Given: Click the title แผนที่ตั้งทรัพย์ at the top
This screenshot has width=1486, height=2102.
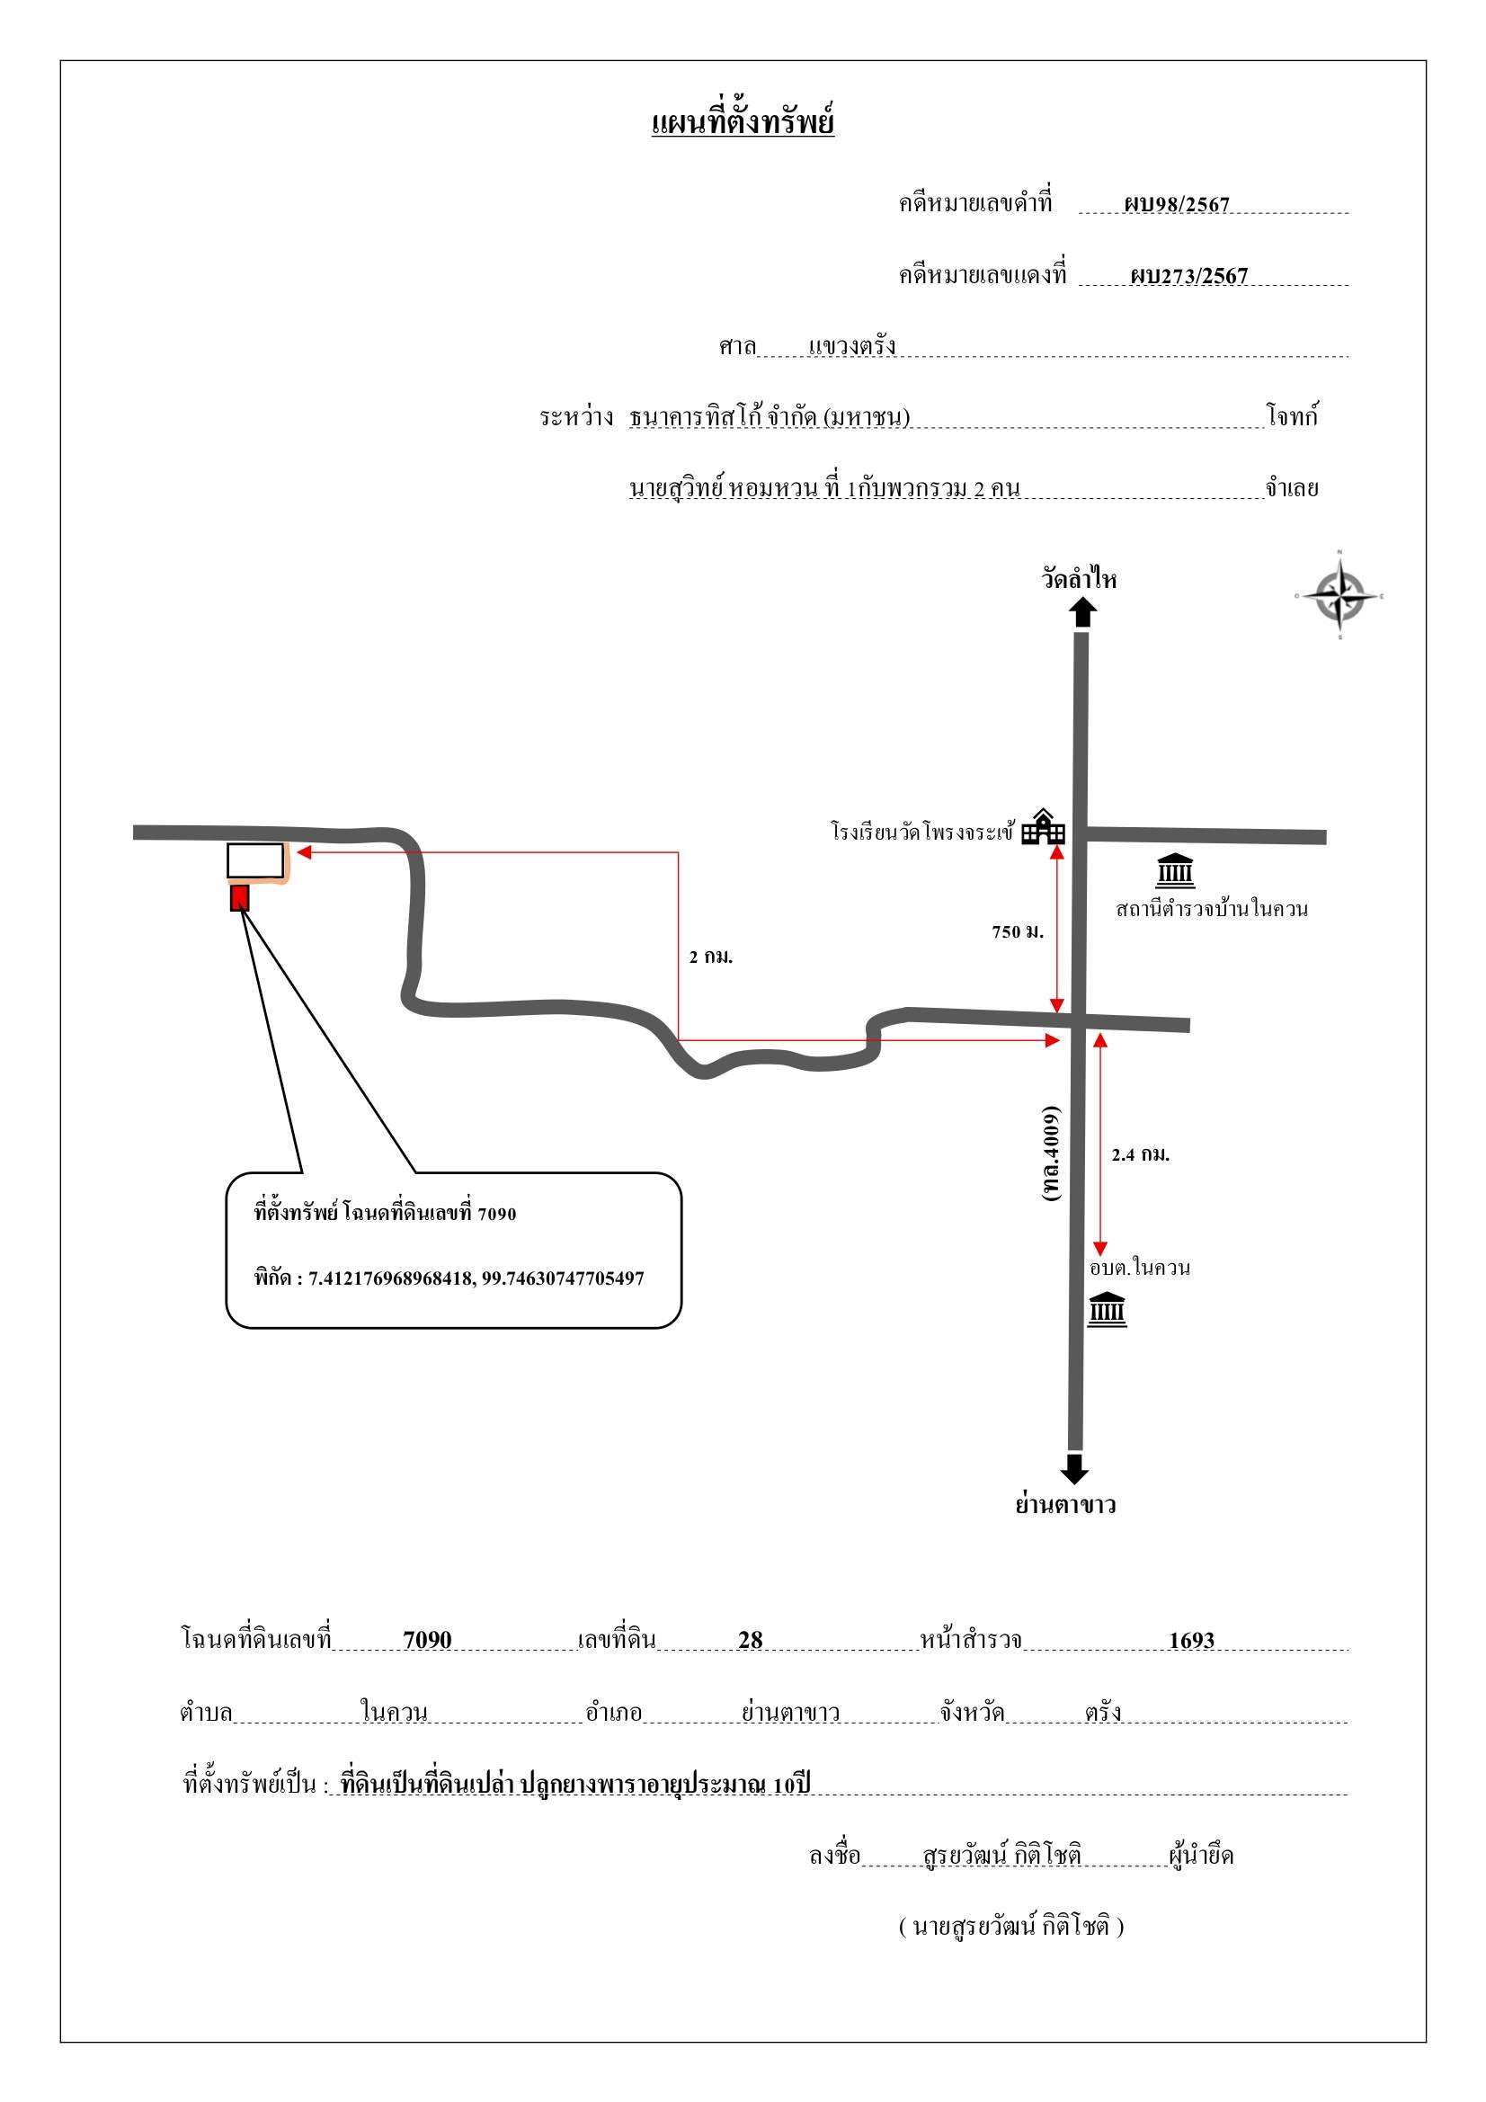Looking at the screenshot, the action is pos(743,122).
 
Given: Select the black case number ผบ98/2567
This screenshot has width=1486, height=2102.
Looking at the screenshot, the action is pos(1177,203).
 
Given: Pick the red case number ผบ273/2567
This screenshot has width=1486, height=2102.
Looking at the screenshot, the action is pos(1188,276).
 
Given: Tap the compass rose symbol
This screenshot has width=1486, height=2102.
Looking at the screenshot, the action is pos(1339,596).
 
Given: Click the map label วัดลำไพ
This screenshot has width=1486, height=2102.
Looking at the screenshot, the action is pos(1080,579).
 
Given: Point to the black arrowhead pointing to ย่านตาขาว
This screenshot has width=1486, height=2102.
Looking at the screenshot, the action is pos(1074,1469).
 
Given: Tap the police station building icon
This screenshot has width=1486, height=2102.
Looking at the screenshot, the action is pos(1175,870).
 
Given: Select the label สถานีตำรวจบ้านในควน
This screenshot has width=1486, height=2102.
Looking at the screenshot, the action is pos(1211,909).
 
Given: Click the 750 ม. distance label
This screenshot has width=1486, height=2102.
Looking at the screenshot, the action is pos(1018,932).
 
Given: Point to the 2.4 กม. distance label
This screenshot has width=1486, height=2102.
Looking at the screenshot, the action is pos(1141,1154).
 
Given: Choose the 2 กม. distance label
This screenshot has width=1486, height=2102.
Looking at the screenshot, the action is pos(711,957).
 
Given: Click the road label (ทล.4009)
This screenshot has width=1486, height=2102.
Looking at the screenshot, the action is pos(1051,1153).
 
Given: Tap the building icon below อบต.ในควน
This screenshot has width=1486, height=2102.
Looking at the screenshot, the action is pos(1107,1309).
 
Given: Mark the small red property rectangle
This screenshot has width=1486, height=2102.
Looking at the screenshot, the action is pos(239,897).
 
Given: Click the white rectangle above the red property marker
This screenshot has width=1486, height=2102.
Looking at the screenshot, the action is pos(255,860).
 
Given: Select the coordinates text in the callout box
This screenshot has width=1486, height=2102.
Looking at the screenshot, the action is pos(449,1278).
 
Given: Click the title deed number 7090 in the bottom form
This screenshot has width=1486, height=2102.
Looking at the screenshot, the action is pos(428,1640).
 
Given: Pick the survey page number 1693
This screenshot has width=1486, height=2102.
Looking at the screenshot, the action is pos(1191,1640).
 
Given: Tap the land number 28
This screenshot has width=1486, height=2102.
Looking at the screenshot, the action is pos(750,1640).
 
